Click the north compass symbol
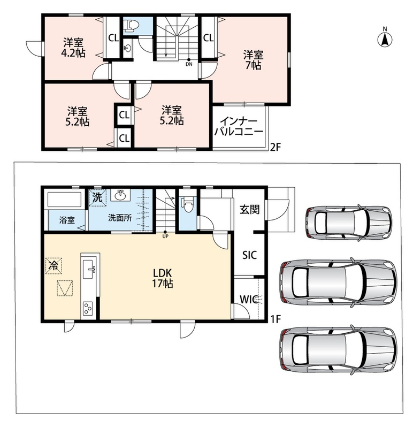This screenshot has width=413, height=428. tap(385, 39)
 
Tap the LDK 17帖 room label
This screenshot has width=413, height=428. tap(163, 278)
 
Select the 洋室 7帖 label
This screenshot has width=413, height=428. tap(254, 60)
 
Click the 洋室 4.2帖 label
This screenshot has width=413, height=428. tap(73, 48)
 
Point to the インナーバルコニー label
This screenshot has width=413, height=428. tap(239, 126)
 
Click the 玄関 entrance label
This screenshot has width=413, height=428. tap(249, 210)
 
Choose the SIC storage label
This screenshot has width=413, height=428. tap(250, 255)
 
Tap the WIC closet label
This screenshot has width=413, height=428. tap(249, 299)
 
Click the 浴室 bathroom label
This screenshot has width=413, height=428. tap(67, 220)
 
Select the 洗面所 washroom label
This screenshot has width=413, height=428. tap(120, 218)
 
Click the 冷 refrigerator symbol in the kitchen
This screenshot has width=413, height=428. tap(54, 265)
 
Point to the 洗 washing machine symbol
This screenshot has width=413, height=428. tap(97, 197)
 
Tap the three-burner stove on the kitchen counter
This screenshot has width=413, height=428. tap(88, 308)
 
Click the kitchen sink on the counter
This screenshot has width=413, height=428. tap(89, 269)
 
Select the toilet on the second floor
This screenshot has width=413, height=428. tap(132, 25)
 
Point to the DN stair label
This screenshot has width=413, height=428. tap(189, 64)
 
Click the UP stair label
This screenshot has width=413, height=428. tap(165, 236)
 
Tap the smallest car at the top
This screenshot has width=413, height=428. tap(349, 223)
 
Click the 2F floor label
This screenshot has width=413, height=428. tap(275, 148)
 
